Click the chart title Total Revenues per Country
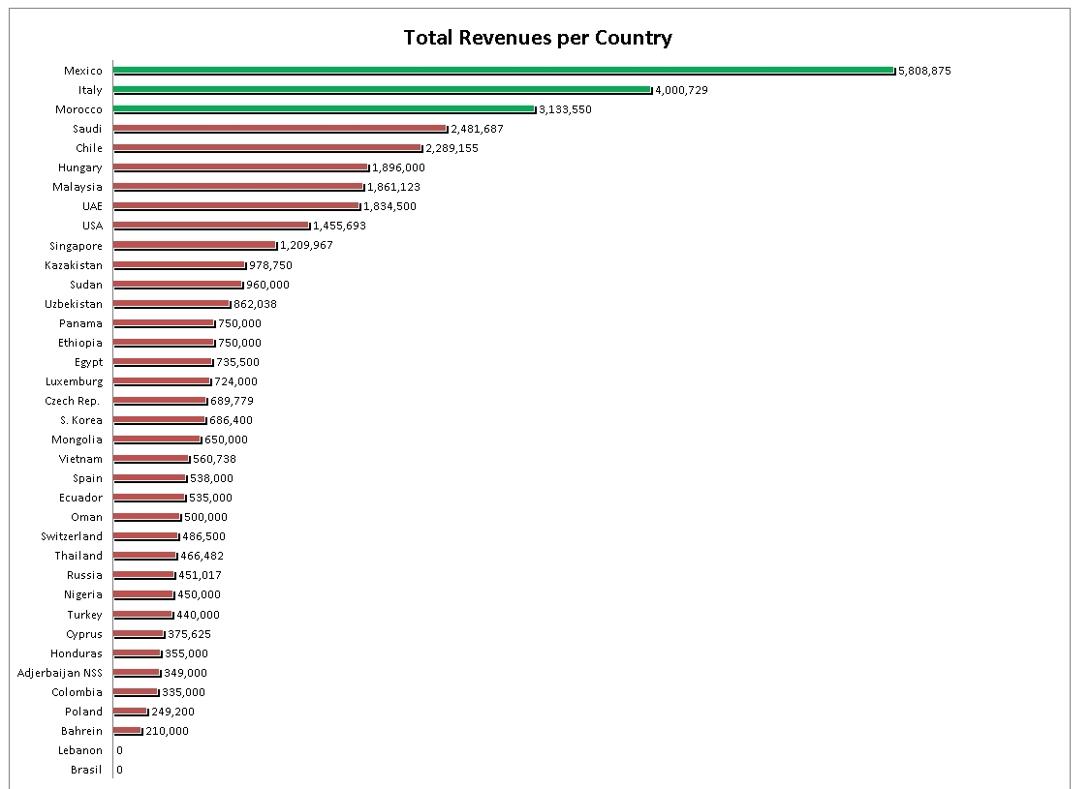click(x=538, y=38)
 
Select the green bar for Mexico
click(x=503, y=70)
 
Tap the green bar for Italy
click(x=382, y=89)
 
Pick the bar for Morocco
click(x=324, y=108)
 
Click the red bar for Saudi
click(x=280, y=128)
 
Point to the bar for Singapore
click(x=195, y=245)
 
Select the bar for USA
click(x=211, y=226)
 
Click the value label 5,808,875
click(x=924, y=71)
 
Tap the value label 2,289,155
click(x=452, y=148)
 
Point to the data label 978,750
click(x=270, y=265)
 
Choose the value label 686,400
click(x=231, y=420)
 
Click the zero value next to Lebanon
click(x=119, y=750)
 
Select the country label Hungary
click(x=79, y=167)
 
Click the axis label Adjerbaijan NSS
click(x=60, y=673)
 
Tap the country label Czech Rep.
click(x=73, y=401)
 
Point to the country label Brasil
click(x=86, y=770)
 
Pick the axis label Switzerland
click(x=72, y=536)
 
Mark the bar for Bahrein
click(x=128, y=730)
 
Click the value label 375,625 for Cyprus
click(x=189, y=634)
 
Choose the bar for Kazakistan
click(x=179, y=264)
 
